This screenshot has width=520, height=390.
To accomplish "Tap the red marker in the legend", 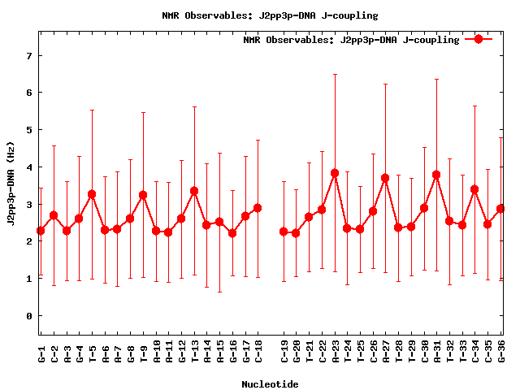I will click(479, 39).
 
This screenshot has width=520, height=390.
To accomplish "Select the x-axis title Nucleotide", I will click(269, 383).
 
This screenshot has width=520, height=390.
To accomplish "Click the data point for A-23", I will click(335, 173).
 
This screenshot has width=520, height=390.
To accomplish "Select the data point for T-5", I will click(92, 194).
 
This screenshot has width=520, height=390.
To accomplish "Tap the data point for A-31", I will click(436, 175).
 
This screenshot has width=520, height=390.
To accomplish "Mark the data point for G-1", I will click(41, 231).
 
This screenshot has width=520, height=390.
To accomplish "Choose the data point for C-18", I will click(258, 208).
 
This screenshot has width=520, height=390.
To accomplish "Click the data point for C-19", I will click(284, 232).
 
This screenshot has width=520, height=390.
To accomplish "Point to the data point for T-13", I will click(194, 191).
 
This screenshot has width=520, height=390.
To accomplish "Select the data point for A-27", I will click(385, 178).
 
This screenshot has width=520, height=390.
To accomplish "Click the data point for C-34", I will click(474, 189).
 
